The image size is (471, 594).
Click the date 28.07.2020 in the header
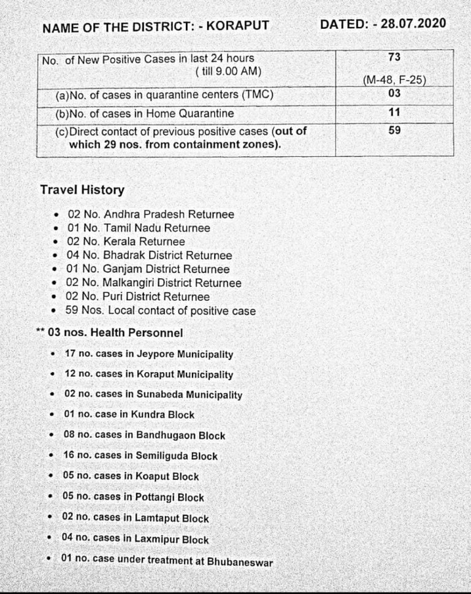coord(414,24)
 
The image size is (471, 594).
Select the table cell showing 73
coord(394,57)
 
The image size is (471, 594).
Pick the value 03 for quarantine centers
coord(394,93)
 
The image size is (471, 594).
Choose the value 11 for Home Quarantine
coord(394,113)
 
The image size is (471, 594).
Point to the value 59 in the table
coord(394,130)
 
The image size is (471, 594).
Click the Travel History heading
coord(82,190)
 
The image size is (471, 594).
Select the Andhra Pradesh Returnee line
coord(150,215)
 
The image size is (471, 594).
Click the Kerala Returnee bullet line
coord(126,242)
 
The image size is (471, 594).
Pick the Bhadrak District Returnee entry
coord(149,255)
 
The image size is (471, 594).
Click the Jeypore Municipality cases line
coord(149,354)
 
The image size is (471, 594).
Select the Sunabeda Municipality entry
coord(153,395)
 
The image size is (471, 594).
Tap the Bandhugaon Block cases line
coord(144,435)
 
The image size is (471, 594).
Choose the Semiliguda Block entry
coord(140,455)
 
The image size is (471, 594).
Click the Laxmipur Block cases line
coord(136,539)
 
